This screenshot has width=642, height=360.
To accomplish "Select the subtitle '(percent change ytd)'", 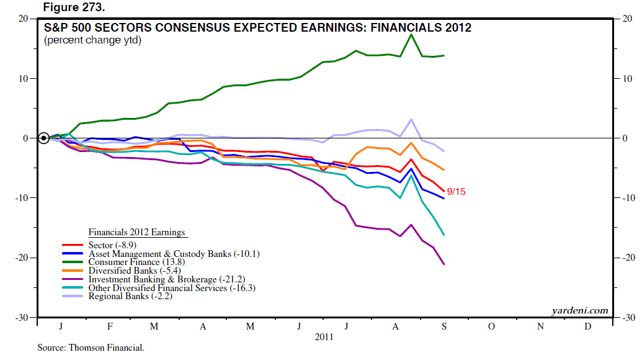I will click(x=92, y=40).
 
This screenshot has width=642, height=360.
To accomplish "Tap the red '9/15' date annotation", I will click(x=456, y=192).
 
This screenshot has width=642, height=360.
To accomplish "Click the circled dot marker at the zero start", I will click(x=43, y=138).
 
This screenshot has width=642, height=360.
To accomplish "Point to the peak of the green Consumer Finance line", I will click(x=411, y=35).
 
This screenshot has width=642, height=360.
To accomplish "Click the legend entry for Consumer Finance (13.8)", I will click(x=132, y=262).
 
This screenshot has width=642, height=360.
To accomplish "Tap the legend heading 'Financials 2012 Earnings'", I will click(x=136, y=232).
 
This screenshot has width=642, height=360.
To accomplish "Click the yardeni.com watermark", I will click(x=579, y=310).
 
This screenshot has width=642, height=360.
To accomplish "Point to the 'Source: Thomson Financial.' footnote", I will click(x=91, y=348).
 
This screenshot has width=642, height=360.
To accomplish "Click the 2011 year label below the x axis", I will click(x=324, y=337).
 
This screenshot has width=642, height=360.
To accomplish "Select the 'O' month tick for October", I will click(x=490, y=326).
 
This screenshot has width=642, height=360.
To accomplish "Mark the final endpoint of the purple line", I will click(x=444, y=264).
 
